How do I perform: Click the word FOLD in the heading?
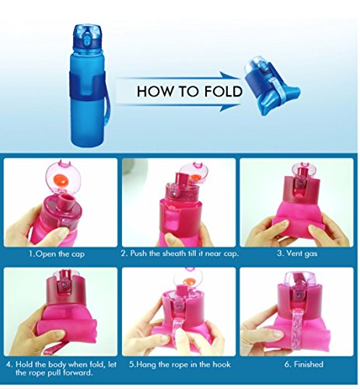223,91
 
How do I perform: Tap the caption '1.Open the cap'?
57,254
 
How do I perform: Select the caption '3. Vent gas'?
297,253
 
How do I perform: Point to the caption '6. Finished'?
303,364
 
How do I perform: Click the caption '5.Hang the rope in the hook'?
180,364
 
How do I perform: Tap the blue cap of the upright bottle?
87,37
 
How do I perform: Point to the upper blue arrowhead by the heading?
230,75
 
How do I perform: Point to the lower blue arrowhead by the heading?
230,107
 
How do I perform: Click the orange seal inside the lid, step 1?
60,180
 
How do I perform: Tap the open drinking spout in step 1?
66,202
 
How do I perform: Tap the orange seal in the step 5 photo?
190,281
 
